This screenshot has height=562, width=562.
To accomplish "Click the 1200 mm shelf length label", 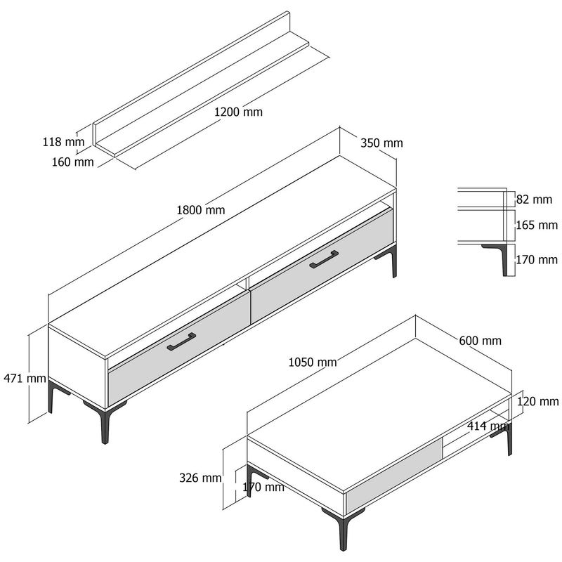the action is pos(238,112).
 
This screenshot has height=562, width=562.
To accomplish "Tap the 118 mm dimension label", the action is pos(63,142).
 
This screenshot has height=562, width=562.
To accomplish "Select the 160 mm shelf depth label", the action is pos(73,162).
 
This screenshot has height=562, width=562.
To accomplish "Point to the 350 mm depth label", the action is pos(381,143).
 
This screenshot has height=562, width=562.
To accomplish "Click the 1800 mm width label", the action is pos(201,209).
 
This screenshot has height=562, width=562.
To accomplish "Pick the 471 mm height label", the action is pos(25,378).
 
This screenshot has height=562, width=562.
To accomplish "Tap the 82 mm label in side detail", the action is pos(534,200).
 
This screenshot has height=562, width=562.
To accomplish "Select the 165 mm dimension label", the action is pos(537,225).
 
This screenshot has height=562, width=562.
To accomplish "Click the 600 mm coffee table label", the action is pos(481,341).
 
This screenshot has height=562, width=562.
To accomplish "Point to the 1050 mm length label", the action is pos(313,362).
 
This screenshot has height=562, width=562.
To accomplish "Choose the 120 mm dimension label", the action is pos(537,401).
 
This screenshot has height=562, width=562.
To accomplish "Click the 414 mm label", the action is pos(488,426).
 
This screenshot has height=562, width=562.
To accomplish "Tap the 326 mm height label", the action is pos(200,478).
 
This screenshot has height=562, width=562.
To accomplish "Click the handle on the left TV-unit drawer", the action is pos(181,341).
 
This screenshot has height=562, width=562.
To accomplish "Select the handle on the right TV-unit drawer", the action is pos(324,259).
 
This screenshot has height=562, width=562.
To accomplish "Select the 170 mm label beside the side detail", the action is pos(537,259).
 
